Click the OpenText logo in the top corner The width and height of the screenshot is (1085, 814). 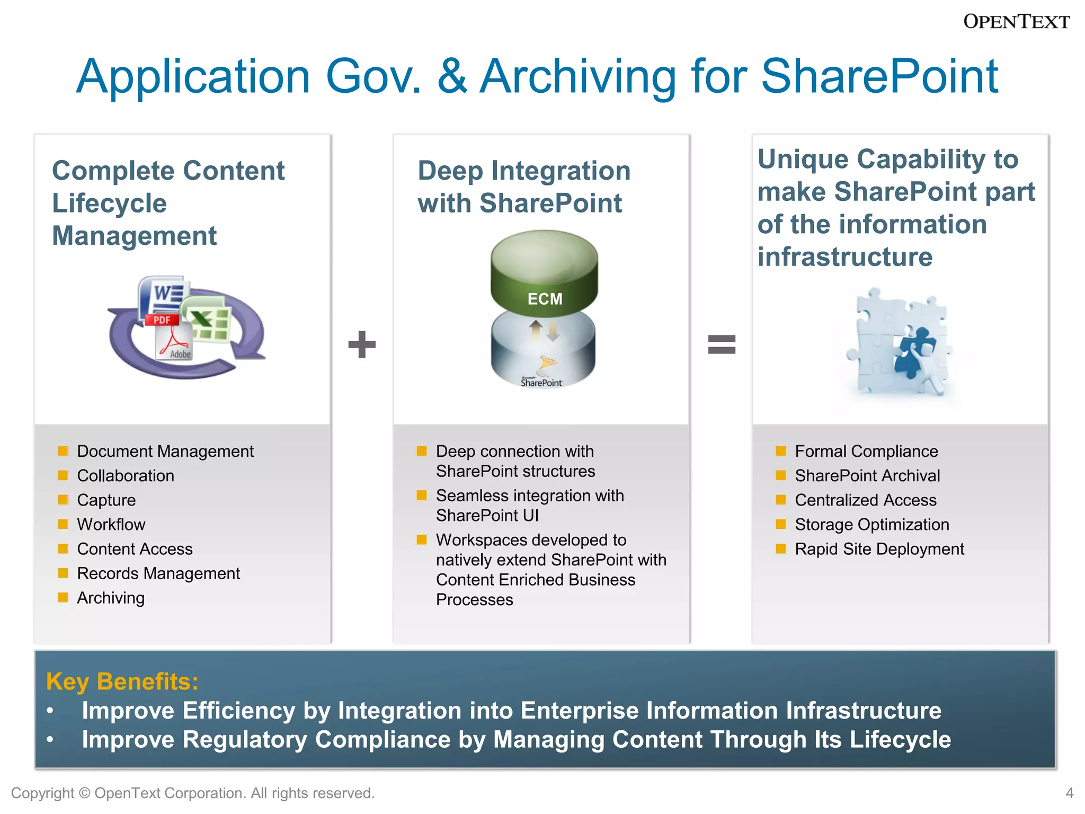click(x=1016, y=22)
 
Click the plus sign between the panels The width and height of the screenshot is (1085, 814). click(x=362, y=344)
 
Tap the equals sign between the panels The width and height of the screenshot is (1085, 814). click(x=722, y=344)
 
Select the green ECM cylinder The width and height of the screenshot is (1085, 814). click(x=544, y=273)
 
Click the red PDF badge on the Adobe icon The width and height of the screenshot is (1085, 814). click(x=162, y=320)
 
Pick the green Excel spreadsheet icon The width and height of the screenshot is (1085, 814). click(x=207, y=318)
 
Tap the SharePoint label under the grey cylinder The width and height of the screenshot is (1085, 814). click(x=541, y=383)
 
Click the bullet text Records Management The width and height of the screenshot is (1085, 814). click(x=158, y=573)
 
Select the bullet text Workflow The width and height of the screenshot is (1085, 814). click(x=111, y=525)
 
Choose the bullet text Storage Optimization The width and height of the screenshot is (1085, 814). click(x=872, y=525)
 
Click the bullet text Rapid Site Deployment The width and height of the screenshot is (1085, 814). click(x=879, y=549)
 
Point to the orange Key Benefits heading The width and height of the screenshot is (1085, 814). click(x=122, y=682)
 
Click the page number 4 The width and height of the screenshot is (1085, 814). click(x=1069, y=793)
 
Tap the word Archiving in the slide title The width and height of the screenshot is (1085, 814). click(x=578, y=77)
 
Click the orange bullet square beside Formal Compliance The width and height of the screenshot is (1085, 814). click(x=780, y=451)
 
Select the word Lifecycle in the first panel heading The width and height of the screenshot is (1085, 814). click(x=109, y=203)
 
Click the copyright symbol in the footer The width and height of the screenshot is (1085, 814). click(x=84, y=793)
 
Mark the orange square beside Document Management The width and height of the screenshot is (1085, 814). click(x=63, y=451)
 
